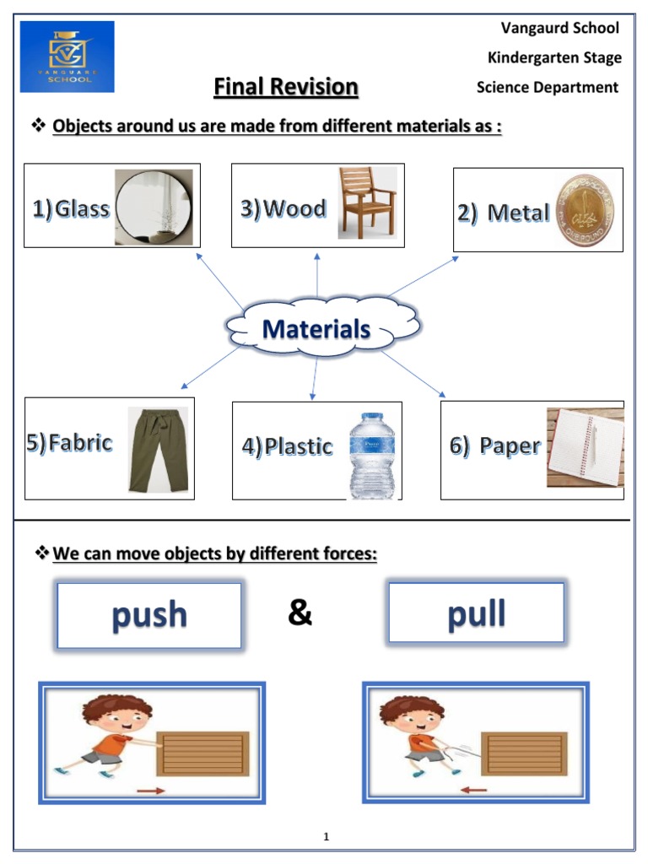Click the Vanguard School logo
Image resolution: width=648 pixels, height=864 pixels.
(x=67, y=57)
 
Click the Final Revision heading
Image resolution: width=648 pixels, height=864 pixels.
(x=286, y=87)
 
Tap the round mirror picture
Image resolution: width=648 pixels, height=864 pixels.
(x=154, y=208)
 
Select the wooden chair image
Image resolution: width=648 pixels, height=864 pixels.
(x=366, y=202)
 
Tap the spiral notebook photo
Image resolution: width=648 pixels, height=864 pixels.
(x=586, y=447)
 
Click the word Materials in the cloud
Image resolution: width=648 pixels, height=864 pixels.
(x=316, y=328)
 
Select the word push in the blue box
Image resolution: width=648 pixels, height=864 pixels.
(x=149, y=615)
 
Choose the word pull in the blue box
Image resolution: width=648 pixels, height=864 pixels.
(x=476, y=613)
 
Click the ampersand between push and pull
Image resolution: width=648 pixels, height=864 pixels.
(x=300, y=613)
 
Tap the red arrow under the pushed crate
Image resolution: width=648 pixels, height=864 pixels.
(x=152, y=791)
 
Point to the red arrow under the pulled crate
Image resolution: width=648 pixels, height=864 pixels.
(x=474, y=790)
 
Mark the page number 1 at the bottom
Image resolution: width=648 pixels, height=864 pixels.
(x=326, y=837)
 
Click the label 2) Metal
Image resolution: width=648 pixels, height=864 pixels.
(x=504, y=213)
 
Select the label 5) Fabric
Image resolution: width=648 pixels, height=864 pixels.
(x=69, y=442)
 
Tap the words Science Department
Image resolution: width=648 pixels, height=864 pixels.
(x=547, y=87)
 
